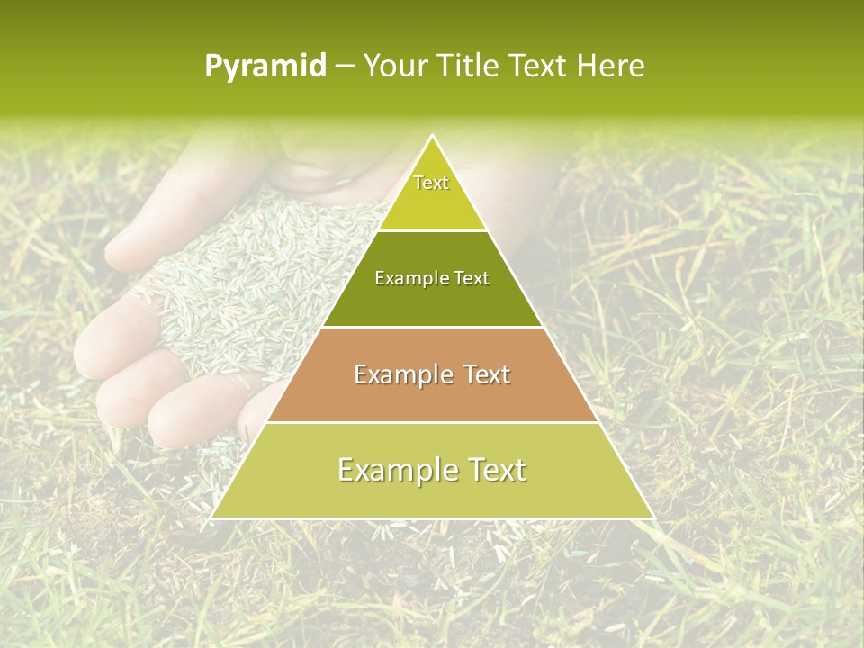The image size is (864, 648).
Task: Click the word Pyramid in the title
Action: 265,67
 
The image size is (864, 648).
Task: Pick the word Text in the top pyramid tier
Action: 431,183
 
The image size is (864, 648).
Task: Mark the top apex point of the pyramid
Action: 433,136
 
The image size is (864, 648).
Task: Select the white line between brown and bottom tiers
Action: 433,422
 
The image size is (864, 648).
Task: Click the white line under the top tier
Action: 433,230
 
